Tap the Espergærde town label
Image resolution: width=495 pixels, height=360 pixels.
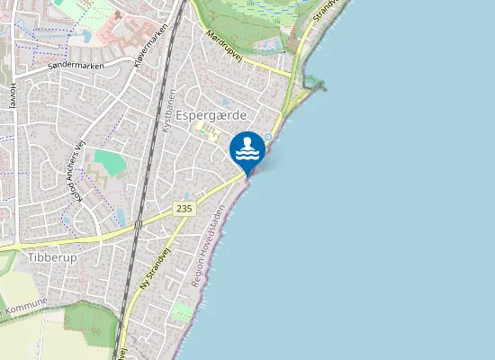coord(211,116)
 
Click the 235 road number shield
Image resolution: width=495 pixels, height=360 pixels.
coord(184,209)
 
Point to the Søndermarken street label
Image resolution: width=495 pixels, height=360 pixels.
coord(77,66)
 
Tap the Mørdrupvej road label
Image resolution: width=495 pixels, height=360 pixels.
coord(225,45)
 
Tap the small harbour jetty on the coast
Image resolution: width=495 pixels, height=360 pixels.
coord(315,85)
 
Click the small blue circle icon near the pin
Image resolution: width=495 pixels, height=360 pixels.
coord(267,137)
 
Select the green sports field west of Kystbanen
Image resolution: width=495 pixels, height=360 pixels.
coord(110,163)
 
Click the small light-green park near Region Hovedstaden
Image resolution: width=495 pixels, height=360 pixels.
coord(182,311)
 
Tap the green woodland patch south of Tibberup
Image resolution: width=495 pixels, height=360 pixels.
coord(90,319)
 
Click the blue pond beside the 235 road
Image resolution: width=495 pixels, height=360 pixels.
coord(121,217)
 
